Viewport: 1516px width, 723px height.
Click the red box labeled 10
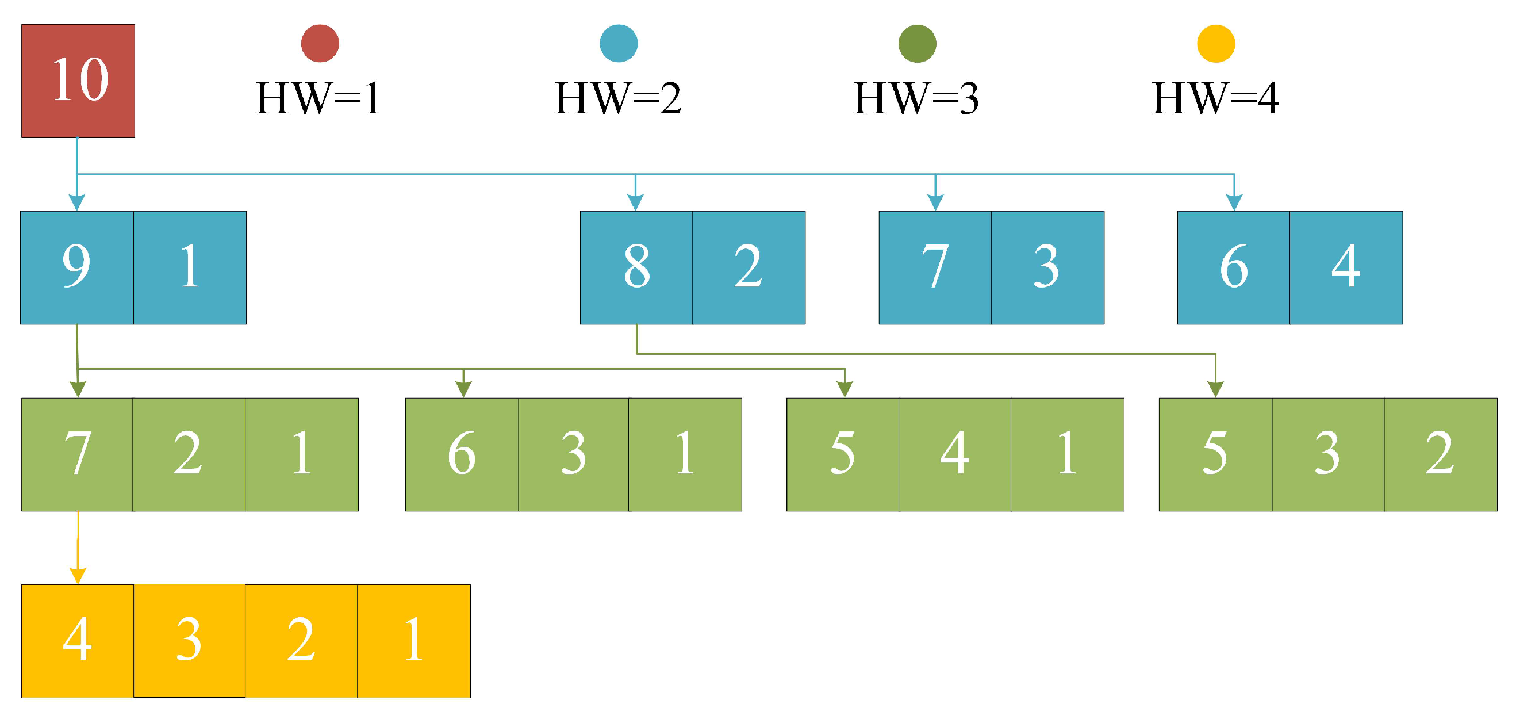[x=78, y=81]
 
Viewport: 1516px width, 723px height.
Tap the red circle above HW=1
[x=320, y=44]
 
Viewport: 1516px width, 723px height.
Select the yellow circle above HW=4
[x=1215, y=44]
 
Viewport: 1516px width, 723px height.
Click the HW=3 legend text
[x=916, y=98]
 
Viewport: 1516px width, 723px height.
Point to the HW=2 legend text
[x=617, y=98]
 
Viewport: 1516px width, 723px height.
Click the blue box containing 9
[x=76, y=267]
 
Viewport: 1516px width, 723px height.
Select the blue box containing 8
[x=636, y=267]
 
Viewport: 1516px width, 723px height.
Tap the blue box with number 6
[x=1233, y=267]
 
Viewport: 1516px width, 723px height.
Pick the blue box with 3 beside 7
[x=1047, y=267]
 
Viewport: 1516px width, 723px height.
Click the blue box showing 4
[x=1345, y=267]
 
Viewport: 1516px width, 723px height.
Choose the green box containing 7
[x=77, y=454]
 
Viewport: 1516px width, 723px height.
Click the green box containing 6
[x=462, y=454]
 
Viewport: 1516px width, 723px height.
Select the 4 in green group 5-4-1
[x=954, y=454]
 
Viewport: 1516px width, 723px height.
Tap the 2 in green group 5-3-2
[x=1440, y=454]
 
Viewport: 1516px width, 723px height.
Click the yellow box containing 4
[x=77, y=641]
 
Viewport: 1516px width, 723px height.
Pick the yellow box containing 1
[x=413, y=641]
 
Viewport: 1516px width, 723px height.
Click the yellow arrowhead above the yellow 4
[x=78, y=576]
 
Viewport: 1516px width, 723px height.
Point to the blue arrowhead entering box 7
[x=935, y=202]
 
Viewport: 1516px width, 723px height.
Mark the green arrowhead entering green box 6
[x=463, y=389]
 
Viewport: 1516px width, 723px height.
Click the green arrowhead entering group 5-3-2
[x=1215, y=389]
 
